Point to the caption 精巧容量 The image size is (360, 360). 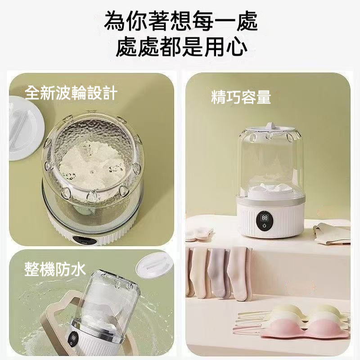[241, 96]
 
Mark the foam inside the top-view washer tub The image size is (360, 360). [85, 166]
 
